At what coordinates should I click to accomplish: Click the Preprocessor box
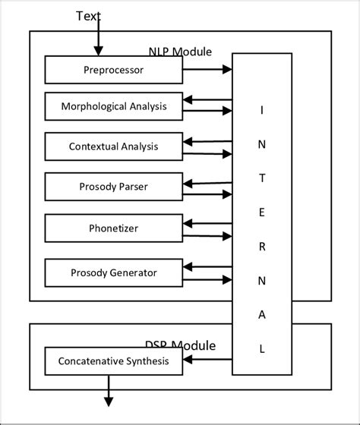113,71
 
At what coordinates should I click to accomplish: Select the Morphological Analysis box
113,106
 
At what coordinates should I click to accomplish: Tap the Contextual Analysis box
113,146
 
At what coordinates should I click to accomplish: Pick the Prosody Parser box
113,187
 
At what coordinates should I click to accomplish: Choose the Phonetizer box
113,228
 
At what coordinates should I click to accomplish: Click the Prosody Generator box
113,272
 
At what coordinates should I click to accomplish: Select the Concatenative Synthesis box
113,362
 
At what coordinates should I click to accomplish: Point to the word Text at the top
88,16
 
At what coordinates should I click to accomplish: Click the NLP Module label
180,52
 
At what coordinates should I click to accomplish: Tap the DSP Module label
180,345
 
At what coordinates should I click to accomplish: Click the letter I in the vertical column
262,110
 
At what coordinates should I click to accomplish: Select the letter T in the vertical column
262,178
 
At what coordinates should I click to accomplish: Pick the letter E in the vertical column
262,212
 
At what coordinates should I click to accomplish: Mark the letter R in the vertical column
262,247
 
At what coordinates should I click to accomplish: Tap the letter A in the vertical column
262,315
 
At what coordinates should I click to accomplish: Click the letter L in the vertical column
262,349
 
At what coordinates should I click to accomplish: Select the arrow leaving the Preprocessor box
207,70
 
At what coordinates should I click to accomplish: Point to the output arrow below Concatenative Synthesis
109,391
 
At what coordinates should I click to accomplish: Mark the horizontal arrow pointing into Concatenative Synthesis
207,362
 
